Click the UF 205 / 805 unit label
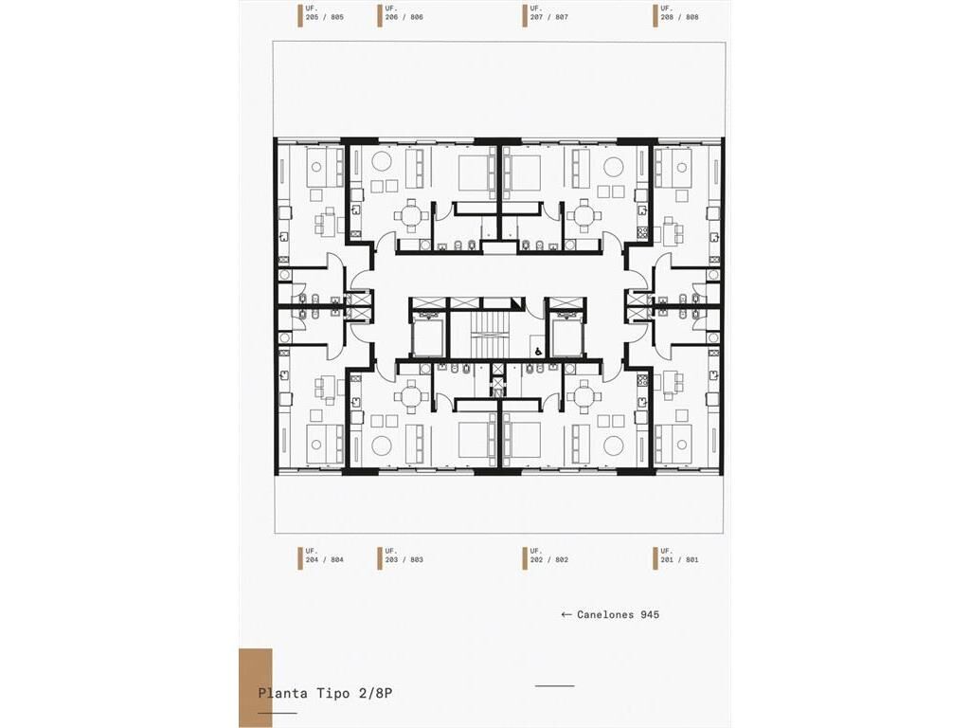324,13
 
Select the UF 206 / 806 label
404,13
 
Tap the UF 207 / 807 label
548,13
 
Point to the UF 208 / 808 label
679,13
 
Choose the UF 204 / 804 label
324,555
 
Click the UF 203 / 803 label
404,555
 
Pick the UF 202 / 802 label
548,555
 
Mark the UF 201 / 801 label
679,555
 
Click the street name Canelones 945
618,614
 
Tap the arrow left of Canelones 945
566,614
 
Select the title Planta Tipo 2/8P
325,693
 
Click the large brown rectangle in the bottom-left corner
256,688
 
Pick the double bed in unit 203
477,440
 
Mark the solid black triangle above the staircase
517,302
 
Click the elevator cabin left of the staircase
427,338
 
